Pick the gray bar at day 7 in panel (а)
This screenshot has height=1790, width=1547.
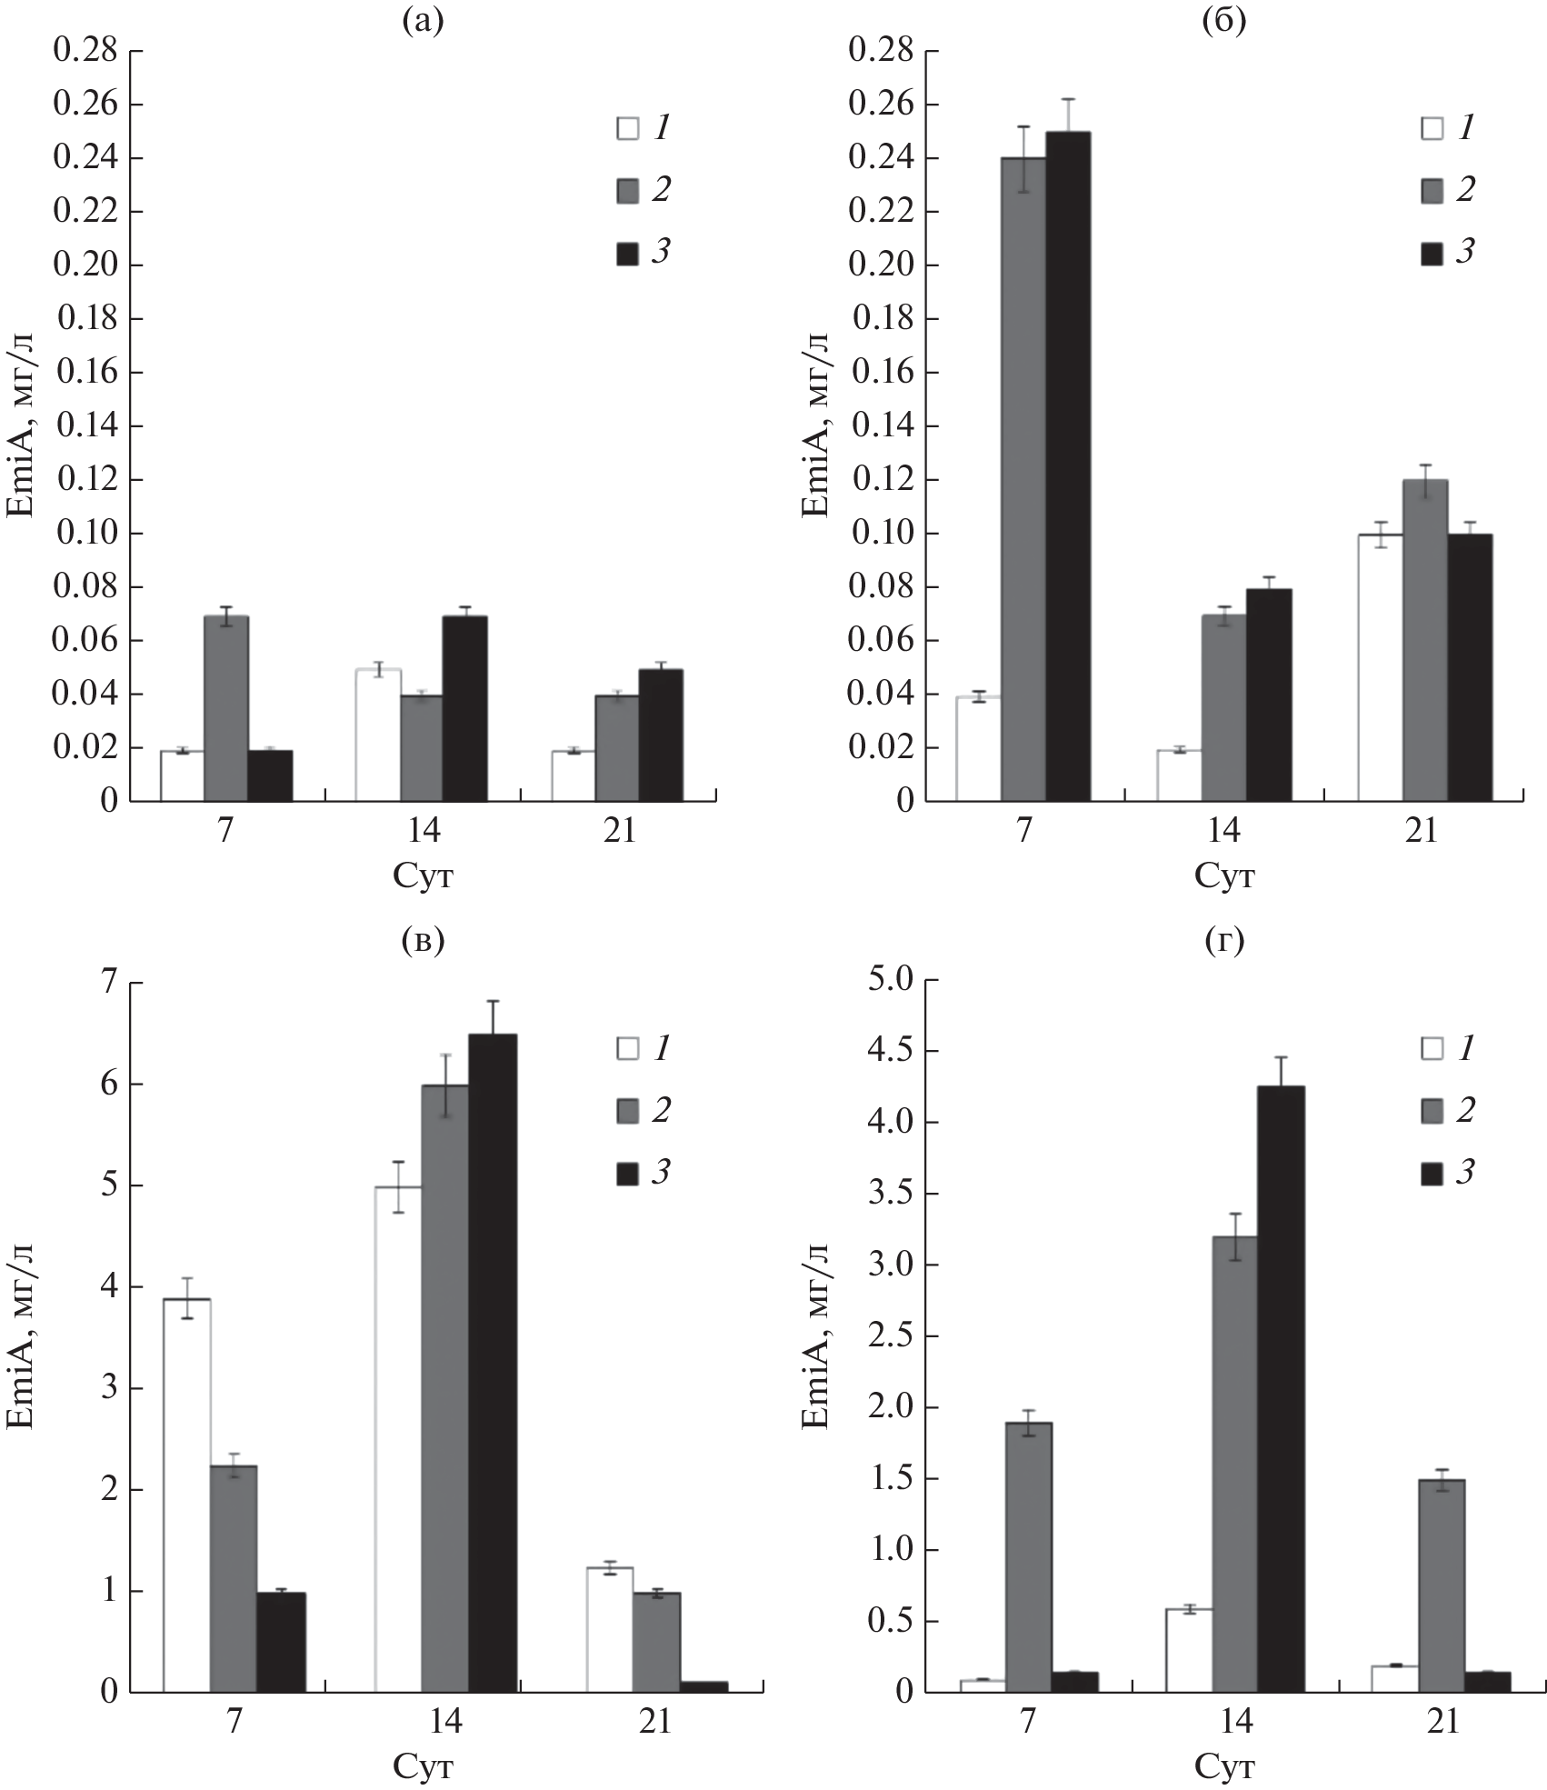click(x=226, y=708)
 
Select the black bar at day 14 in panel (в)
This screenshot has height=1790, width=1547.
click(x=493, y=1363)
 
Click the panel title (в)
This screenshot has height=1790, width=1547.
click(x=423, y=942)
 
